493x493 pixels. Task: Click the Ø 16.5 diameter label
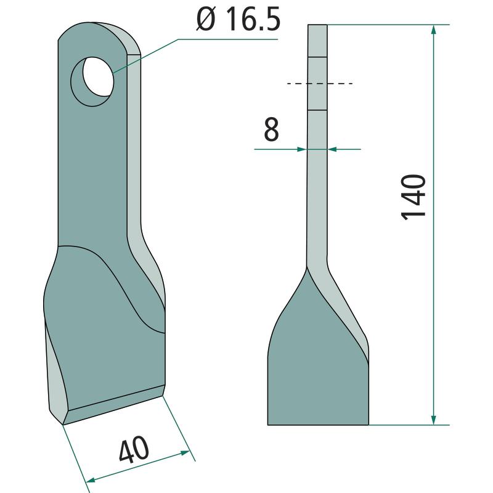[x=238, y=20]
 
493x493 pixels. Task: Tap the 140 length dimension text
[x=414, y=197]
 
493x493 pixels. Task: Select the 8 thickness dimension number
[x=271, y=129]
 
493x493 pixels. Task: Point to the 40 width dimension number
[x=134, y=450]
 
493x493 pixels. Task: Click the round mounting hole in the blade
[x=92, y=81]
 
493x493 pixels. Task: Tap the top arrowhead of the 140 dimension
[x=434, y=30]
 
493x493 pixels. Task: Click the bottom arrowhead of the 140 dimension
[x=434, y=419]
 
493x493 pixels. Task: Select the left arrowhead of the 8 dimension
[x=301, y=149]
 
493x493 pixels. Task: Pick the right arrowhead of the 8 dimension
[x=333, y=149]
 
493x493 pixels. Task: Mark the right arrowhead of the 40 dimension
[x=184, y=453]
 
